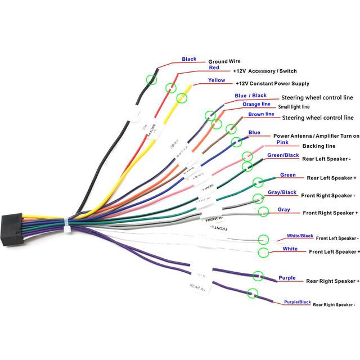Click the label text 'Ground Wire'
(226, 62)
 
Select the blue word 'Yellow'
(217, 80)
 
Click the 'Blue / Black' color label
(250, 96)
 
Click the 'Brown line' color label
(261, 114)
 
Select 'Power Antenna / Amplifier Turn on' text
(316, 136)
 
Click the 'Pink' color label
(250, 142)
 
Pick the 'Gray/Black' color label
(282, 192)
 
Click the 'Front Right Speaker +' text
(330, 213)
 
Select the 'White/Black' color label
(299, 236)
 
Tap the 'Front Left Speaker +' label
(334, 251)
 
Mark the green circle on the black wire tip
(151, 80)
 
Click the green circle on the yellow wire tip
(181, 99)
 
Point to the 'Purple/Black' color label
(298, 302)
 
